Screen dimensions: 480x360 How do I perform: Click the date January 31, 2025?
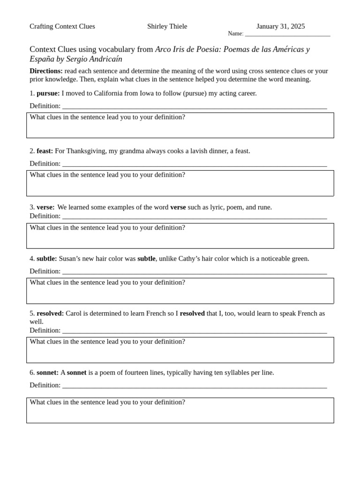[x=280, y=26]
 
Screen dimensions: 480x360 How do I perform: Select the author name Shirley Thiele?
[x=167, y=26]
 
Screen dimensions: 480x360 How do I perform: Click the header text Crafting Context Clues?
[x=62, y=26]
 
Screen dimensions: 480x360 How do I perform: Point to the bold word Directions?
[x=46, y=71]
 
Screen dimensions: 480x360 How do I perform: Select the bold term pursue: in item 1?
[x=48, y=93]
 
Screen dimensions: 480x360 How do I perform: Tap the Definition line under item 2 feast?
[x=194, y=164]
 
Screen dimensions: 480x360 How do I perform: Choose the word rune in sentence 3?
[x=264, y=207]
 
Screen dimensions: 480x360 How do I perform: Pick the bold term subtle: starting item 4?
[x=46, y=259]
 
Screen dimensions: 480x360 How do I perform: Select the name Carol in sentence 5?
[x=74, y=313]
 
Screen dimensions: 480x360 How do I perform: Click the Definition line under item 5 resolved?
[x=194, y=331]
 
